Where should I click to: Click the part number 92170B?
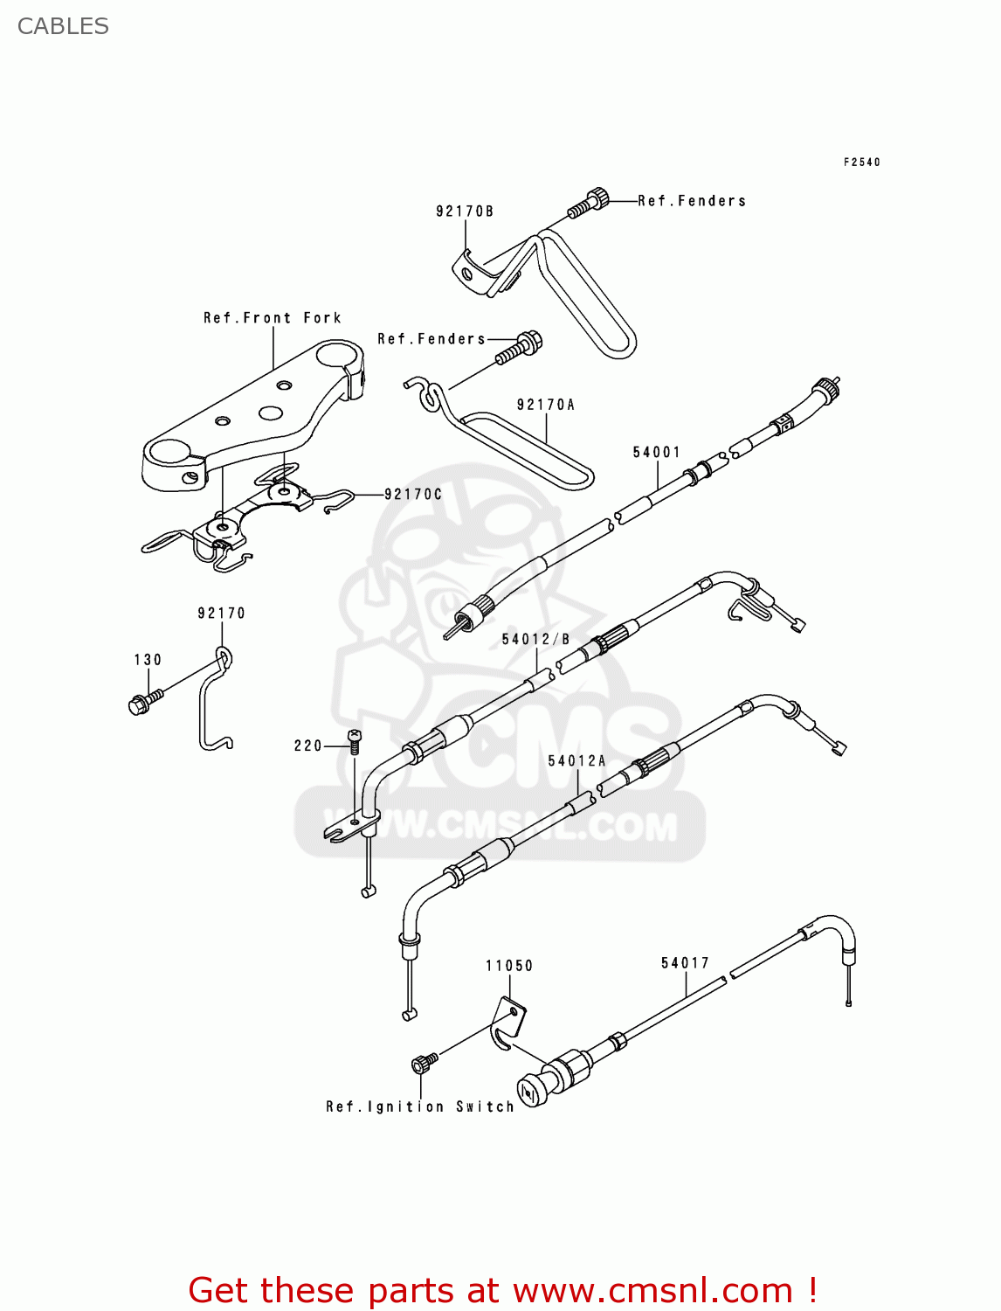click(x=465, y=212)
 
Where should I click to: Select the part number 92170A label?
click(x=546, y=405)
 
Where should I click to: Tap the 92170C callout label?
click(x=413, y=495)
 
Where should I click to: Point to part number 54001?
click(x=657, y=452)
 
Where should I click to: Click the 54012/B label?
click(x=535, y=639)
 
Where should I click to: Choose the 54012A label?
click(x=576, y=760)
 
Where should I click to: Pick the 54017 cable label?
click(x=686, y=963)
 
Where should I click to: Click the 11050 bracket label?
click(x=509, y=965)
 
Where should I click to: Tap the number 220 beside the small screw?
click(x=308, y=746)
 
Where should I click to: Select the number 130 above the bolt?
click(x=148, y=659)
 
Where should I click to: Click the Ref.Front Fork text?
click(x=273, y=318)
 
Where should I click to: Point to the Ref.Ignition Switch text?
click(x=420, y=1106)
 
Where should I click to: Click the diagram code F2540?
click(x=862, y=162)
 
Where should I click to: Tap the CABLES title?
click(x=63, y=26)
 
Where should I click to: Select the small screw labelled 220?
click(x=355, y=741)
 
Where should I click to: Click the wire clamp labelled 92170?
click(x=216, y=697)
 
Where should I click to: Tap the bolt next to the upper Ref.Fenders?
click(x=588, y=203)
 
